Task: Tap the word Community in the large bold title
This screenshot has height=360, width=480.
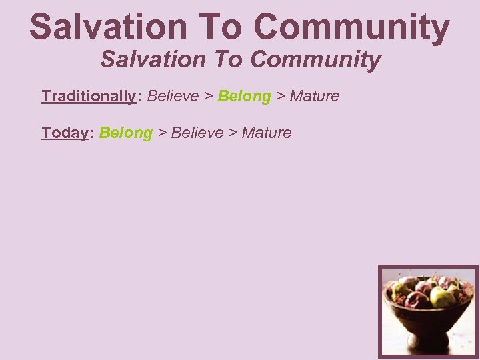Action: pyautogui.click(x=352, y=27)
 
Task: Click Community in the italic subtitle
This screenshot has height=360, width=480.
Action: pyautogui.click(x=315, y=59)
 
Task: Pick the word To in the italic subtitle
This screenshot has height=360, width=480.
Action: pyautogui.click(x=229, y=59)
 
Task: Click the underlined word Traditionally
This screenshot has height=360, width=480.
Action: pyautogui.click(x=88, y=96)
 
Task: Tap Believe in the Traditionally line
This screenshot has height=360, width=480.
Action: pyautogui.click(x=173, y=96)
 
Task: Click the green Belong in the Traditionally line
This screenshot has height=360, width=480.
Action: pyautogui.click(x=244, y=96)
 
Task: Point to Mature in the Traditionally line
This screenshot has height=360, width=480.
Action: pyautogui.click(x=315, y=96)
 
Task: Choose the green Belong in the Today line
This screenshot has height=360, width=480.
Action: pyautogui.click(x=126, y=133)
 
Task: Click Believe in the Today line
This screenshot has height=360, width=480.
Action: pyautogui.click(x=197, y=133)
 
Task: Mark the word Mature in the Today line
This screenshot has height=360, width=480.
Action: pyautogui.click(x=267, y=133)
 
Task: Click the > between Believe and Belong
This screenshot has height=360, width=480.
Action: pyautogui.click(x=208, y=96)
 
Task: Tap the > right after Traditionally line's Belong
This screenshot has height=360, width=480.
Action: pyautogui.click(x=281, y=96)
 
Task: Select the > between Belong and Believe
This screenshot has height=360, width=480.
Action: pyautogui.click(x=161, y=133)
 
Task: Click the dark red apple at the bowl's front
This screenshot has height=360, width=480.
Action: pyautogui.click(x=418, y=300)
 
